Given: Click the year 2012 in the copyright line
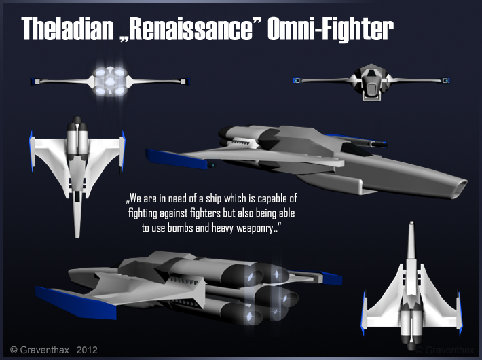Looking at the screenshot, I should (87, 350).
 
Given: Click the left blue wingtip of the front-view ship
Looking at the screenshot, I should (296, 81).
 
